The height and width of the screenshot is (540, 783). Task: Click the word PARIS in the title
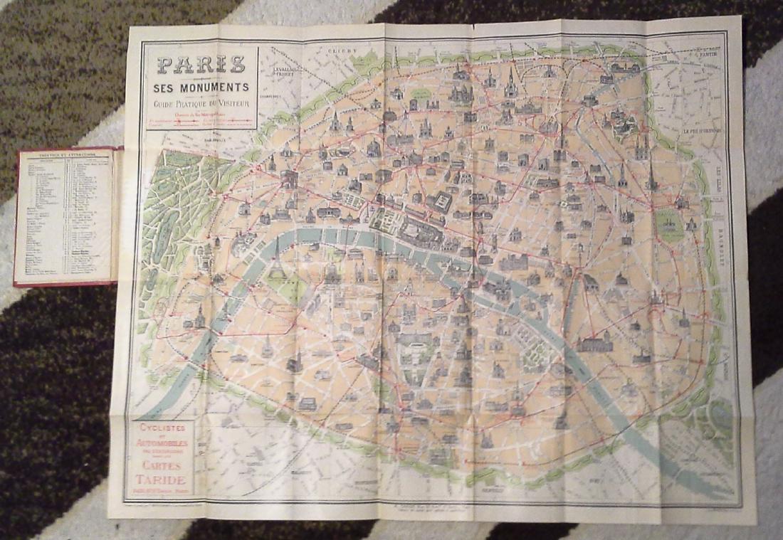201,65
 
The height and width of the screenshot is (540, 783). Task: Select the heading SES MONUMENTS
201,88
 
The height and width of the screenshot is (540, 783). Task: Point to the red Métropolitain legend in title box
201,120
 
